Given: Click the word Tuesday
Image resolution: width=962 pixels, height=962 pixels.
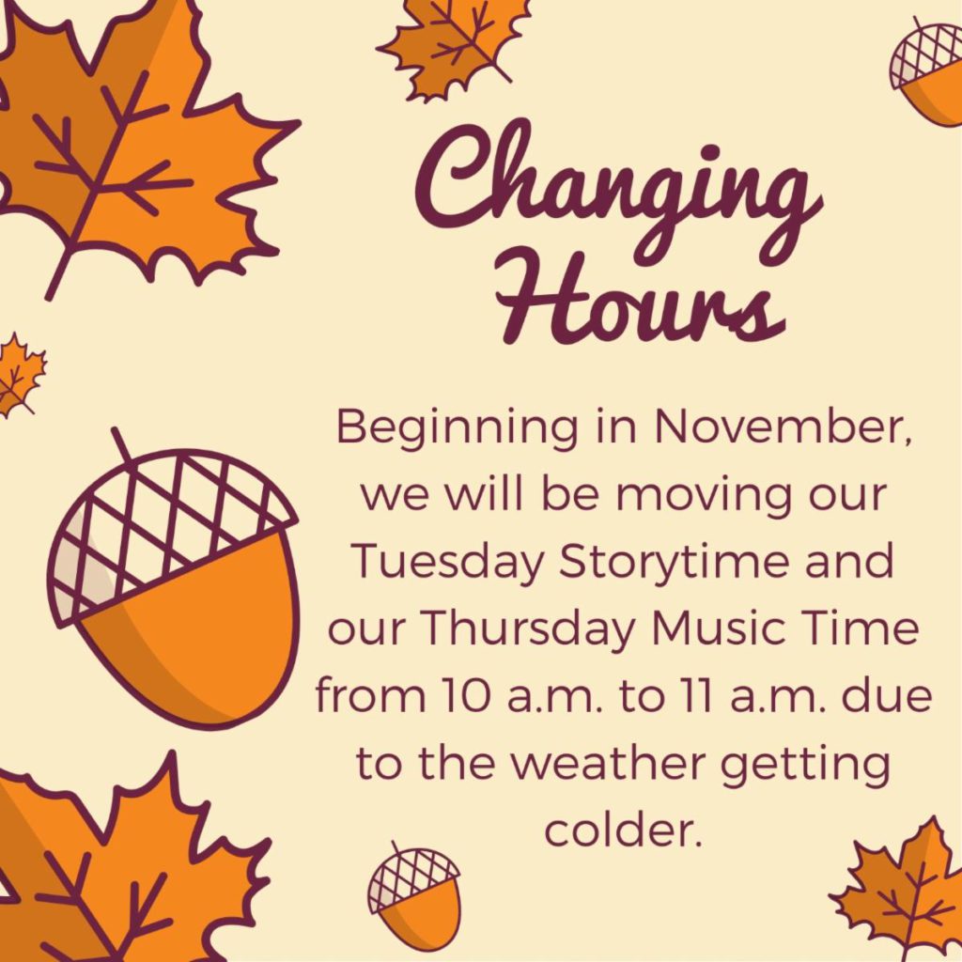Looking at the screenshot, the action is point(449,564).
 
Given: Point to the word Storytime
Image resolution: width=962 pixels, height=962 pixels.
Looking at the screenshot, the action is point(674,564).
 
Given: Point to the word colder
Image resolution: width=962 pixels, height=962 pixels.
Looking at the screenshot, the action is point(623,830).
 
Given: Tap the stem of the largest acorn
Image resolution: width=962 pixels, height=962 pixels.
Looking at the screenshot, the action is point(122,445).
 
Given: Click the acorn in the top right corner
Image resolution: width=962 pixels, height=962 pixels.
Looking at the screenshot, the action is point(926,71).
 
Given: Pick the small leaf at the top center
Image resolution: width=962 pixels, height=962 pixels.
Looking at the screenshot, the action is point(452,45).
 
